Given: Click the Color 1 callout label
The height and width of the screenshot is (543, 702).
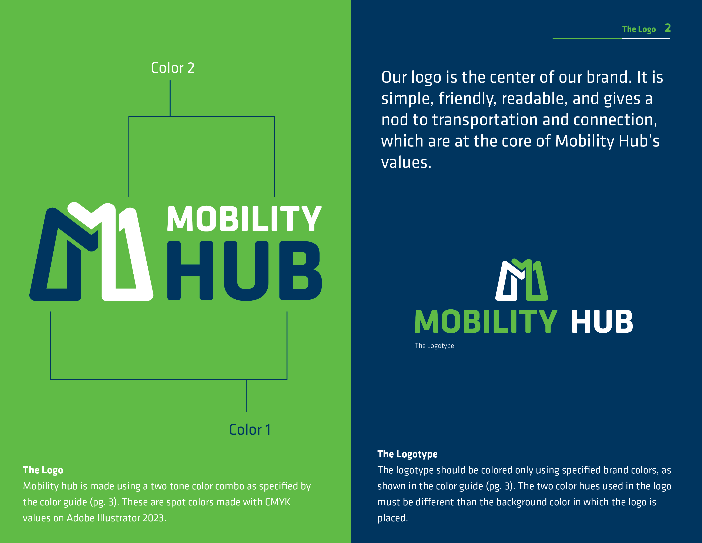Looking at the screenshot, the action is (x=250, y=430).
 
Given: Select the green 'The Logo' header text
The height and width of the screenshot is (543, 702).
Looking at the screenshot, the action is (x=639, y=29).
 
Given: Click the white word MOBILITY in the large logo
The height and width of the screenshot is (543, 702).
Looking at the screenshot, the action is (x=244, y=219).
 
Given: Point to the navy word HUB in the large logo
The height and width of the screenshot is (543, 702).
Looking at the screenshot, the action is (x=244, y=270).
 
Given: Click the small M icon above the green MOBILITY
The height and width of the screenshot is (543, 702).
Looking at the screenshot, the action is (x=521, y=280).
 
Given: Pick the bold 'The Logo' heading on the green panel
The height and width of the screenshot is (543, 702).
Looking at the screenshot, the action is (x=43, y=470).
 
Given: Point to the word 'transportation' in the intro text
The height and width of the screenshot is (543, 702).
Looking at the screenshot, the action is (x=485, y=120).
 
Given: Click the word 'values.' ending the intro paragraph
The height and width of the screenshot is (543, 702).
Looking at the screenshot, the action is (x=406, y=162).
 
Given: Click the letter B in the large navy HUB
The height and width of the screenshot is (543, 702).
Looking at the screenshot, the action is (x=301, y=270).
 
